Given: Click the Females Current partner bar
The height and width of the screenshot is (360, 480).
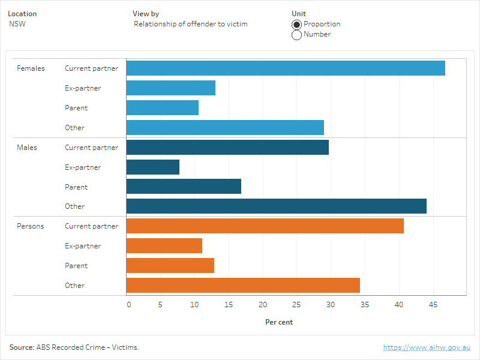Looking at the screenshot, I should coord(286,68).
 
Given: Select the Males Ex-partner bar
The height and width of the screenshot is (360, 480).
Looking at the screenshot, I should coord(153,167).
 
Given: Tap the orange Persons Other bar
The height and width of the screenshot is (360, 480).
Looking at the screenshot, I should coord(243,286).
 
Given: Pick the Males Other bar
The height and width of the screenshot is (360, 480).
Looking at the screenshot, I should coord(276,206).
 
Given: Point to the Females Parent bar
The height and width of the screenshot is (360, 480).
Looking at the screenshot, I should coord(163,108).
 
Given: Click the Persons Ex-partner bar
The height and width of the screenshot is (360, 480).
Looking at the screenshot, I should coord(164,246).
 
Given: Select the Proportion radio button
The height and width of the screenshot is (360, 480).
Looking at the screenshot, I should coord(296,25).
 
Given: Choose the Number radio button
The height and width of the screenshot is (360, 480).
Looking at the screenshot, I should coord(296,35).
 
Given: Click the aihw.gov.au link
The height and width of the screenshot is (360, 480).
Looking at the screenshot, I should coord(427,347).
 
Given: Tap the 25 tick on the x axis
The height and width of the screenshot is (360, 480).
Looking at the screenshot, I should coord(296,305).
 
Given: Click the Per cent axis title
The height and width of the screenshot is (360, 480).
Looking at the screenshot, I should coord(279,322).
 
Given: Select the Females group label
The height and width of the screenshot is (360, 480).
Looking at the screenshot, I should coord(31,68).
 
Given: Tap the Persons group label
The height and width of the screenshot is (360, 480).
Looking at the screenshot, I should coord(31,226).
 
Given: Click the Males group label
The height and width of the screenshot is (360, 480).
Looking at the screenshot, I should coord(27,148).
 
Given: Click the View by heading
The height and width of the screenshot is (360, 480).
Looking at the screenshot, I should coord(146,14).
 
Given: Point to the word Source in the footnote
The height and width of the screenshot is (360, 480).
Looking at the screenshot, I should coord(21,347).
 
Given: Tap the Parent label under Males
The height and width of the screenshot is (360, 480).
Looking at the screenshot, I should coord(76,187).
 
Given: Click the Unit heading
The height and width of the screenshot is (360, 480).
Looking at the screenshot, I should coord(298,14).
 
